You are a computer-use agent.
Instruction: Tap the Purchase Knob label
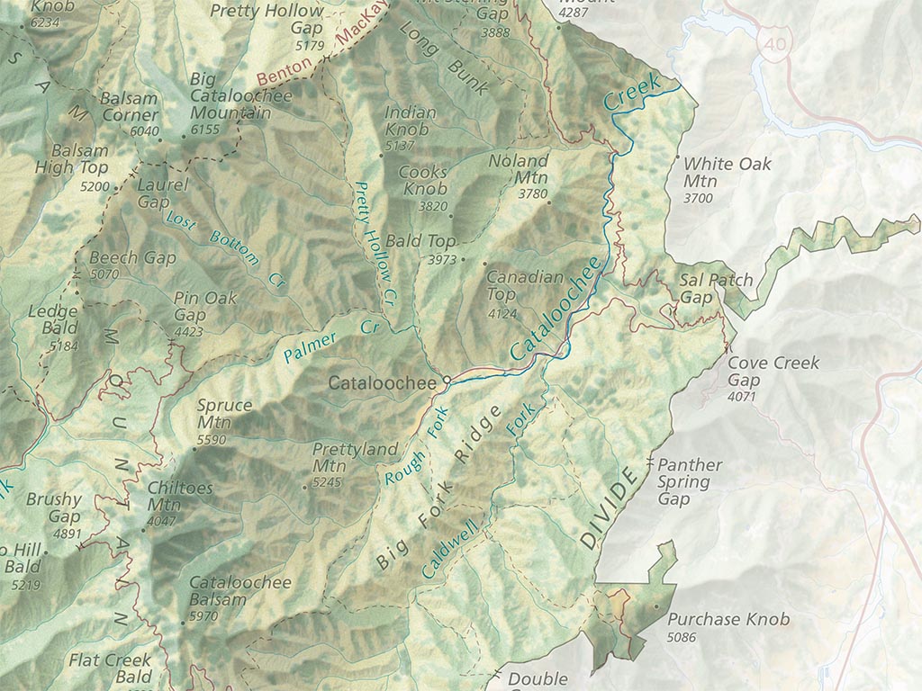(x=728, y=619)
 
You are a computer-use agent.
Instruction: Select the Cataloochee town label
(x=382, y=383)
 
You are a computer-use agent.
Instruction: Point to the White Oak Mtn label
(x=727, y=173)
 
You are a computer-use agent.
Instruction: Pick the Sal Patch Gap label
(x=715, y=288)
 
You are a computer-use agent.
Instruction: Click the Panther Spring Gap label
(x=690, y=481)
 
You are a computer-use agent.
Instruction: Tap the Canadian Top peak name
(x=524, y=286)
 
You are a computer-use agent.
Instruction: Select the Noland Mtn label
(x=518, y=170)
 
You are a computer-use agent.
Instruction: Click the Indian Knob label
(x=411, y=121)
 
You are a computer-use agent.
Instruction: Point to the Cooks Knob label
(x=423, y=180)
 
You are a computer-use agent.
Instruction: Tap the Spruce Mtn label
(x=224, y=414)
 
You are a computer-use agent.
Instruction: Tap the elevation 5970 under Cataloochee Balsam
(x=203, y=616)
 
